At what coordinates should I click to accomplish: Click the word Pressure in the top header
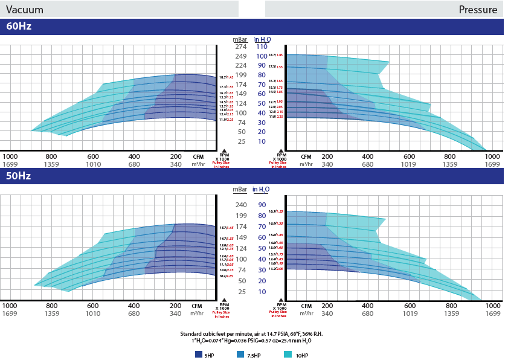click(478, 9)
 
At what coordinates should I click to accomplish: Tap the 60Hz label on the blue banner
click(19, 27)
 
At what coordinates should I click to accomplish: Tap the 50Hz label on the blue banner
click(19, 176)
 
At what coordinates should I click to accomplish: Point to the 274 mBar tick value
click(241, 47)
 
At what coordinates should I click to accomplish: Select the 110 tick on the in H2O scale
click(262, 47)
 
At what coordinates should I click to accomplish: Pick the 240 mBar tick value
click(241, 205)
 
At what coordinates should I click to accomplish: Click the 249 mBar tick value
click(241, 56)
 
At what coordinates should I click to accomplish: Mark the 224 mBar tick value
click(241, 66)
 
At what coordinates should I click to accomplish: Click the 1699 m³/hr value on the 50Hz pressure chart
click(493, 313)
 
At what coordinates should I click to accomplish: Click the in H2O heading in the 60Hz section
click(262, 39)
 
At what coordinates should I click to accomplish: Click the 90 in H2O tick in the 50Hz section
click(262, 205)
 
